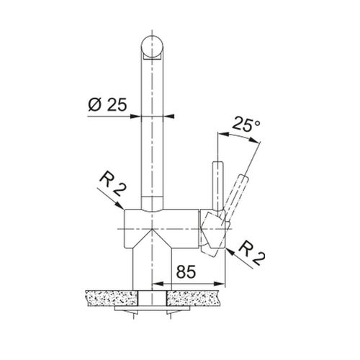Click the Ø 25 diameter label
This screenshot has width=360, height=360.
pyautogui.click(x=107, y=105)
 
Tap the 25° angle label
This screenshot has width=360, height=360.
pyautogui.click(x=246, y=124)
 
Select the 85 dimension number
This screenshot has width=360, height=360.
pyautogui.click(x=186, y=271)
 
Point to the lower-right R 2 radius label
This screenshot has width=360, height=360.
pyautogui.click(x=252, y=253)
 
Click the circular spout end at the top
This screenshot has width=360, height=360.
pyautogui.click(x=153, y=47)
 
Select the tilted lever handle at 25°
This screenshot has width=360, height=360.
pyautogui.click(x=236, y=196)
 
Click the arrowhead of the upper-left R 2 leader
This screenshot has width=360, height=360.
pyautogui.click(x=120, y=205)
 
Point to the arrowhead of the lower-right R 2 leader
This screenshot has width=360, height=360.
pyautogui.click(x=230, y=252)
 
